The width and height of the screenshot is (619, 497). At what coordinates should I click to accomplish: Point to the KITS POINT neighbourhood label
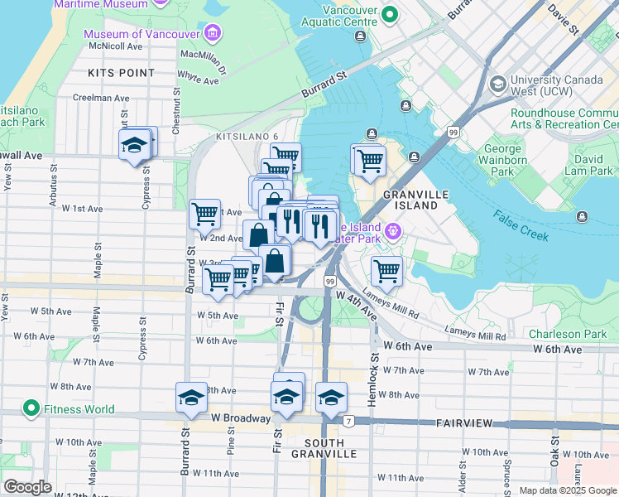pos(121,73)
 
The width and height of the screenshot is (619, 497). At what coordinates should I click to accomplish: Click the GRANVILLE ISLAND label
pos(415,200)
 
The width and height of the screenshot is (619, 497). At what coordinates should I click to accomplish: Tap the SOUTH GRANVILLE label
pos(324,448)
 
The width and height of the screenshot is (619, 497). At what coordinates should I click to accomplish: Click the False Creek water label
pos(521,225)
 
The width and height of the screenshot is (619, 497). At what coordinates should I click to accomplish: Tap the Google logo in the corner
pos(27,487)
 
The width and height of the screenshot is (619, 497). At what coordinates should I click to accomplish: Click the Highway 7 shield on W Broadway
pos(349,422)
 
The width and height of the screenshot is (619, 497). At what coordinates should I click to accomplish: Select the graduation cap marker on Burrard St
pos(191,398)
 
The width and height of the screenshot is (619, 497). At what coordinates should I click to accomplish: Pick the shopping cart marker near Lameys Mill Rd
pos(386,270)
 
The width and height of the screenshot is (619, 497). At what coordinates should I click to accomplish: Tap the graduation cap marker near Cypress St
pos(134,146)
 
